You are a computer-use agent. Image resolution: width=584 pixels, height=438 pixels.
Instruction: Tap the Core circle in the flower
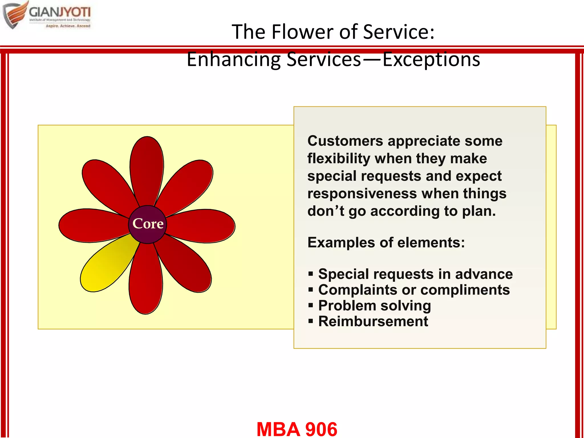point(147,224)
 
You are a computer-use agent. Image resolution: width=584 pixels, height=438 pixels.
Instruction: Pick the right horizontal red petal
point(202,226)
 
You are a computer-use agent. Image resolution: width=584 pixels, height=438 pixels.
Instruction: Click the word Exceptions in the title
point(431,59)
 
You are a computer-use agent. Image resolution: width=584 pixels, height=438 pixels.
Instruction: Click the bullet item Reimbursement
point(373,321)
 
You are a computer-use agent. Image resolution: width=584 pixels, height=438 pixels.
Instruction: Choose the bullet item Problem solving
point(374,306)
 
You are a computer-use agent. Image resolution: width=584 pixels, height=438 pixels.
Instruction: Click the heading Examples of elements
point(386,243)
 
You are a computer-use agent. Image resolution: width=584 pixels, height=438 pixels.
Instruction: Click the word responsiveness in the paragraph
point(362,194)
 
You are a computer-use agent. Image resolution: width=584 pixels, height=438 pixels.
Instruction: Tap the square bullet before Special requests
point(311,274)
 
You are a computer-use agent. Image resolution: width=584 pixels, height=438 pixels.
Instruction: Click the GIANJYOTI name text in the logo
point(60,12)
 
